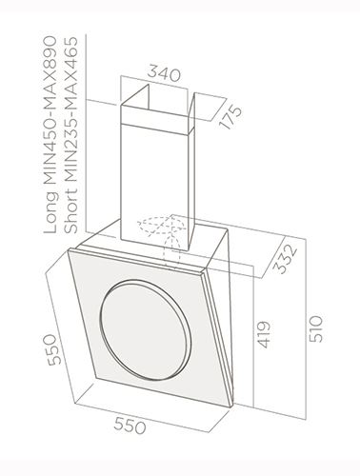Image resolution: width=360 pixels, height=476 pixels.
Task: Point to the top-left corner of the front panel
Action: click(x=70, y=249)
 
